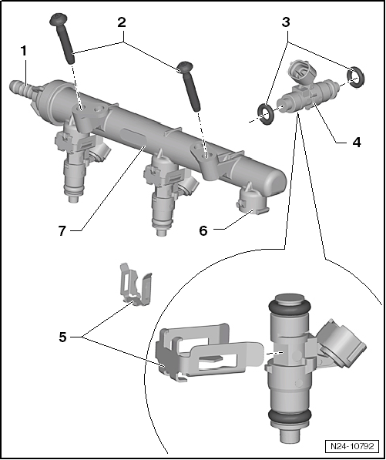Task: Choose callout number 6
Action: coord(204,229)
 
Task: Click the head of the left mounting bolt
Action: coord(58,19)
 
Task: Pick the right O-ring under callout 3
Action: coord(354,76)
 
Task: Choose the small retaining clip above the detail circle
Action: coord(134,286)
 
